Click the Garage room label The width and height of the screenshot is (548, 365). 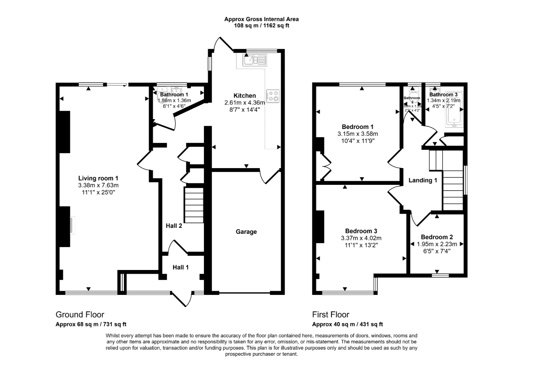pyautogui.click(x=246, y=232)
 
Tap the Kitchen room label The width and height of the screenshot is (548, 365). pyautogui.click(x=244, y=96)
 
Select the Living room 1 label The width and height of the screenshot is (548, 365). pyautogui.click(x=98, y=178)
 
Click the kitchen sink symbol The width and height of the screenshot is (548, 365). pyautogui.click(x=255, y=60)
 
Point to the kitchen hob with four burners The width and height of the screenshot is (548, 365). pyautogui.click(x=273, y=96)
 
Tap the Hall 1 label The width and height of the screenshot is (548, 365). pyautogui.click(x=180, y=267)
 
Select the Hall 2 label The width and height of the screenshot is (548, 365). pyautogui.click(x=174, y=226)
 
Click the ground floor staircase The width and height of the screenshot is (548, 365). pyautogui.click(x=193, y=205)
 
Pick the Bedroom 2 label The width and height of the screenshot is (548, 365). pyautogui.click(x=437, y=237)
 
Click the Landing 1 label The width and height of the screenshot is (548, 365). pyautogui.click(x=423, y=180)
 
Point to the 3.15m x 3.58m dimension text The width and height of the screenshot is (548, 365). pyautogui.click(x=357, y=134)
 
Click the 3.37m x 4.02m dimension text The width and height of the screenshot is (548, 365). pyautogui.click(x=361, y=238)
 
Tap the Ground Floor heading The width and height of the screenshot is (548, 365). pyautogui.click(x=80, y=315)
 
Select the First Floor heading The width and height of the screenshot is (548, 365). pyautogui.click(x=331, y=315)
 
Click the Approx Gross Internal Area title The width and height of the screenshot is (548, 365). pyautogui.click(x=261, y=19)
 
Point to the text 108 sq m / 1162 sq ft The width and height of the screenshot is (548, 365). pyautogui.click(x=261, y=26)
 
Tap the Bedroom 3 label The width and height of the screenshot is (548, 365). pyautogui.click(x=361, y=231)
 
